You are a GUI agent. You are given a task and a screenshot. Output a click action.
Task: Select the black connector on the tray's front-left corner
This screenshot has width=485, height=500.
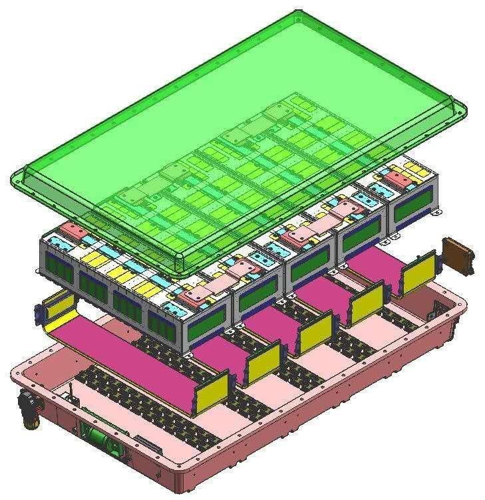[x=29, y=407]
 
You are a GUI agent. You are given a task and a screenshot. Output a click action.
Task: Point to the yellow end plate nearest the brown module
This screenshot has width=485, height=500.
[x=420, y=273]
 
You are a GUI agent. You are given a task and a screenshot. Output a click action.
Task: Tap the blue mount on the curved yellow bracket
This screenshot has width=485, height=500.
[x=39, y=311]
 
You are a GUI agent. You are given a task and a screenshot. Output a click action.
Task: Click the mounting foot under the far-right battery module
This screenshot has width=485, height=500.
[x=436, y=212]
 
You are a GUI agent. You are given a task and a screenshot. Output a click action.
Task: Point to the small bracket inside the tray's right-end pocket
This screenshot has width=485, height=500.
[x=440, y=307]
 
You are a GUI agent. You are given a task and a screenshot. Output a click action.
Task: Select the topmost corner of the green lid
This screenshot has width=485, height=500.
[x=294, y=13]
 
